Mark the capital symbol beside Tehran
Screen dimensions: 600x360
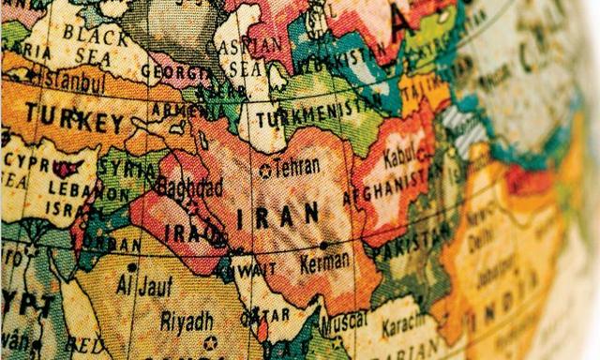pos(265,170)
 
